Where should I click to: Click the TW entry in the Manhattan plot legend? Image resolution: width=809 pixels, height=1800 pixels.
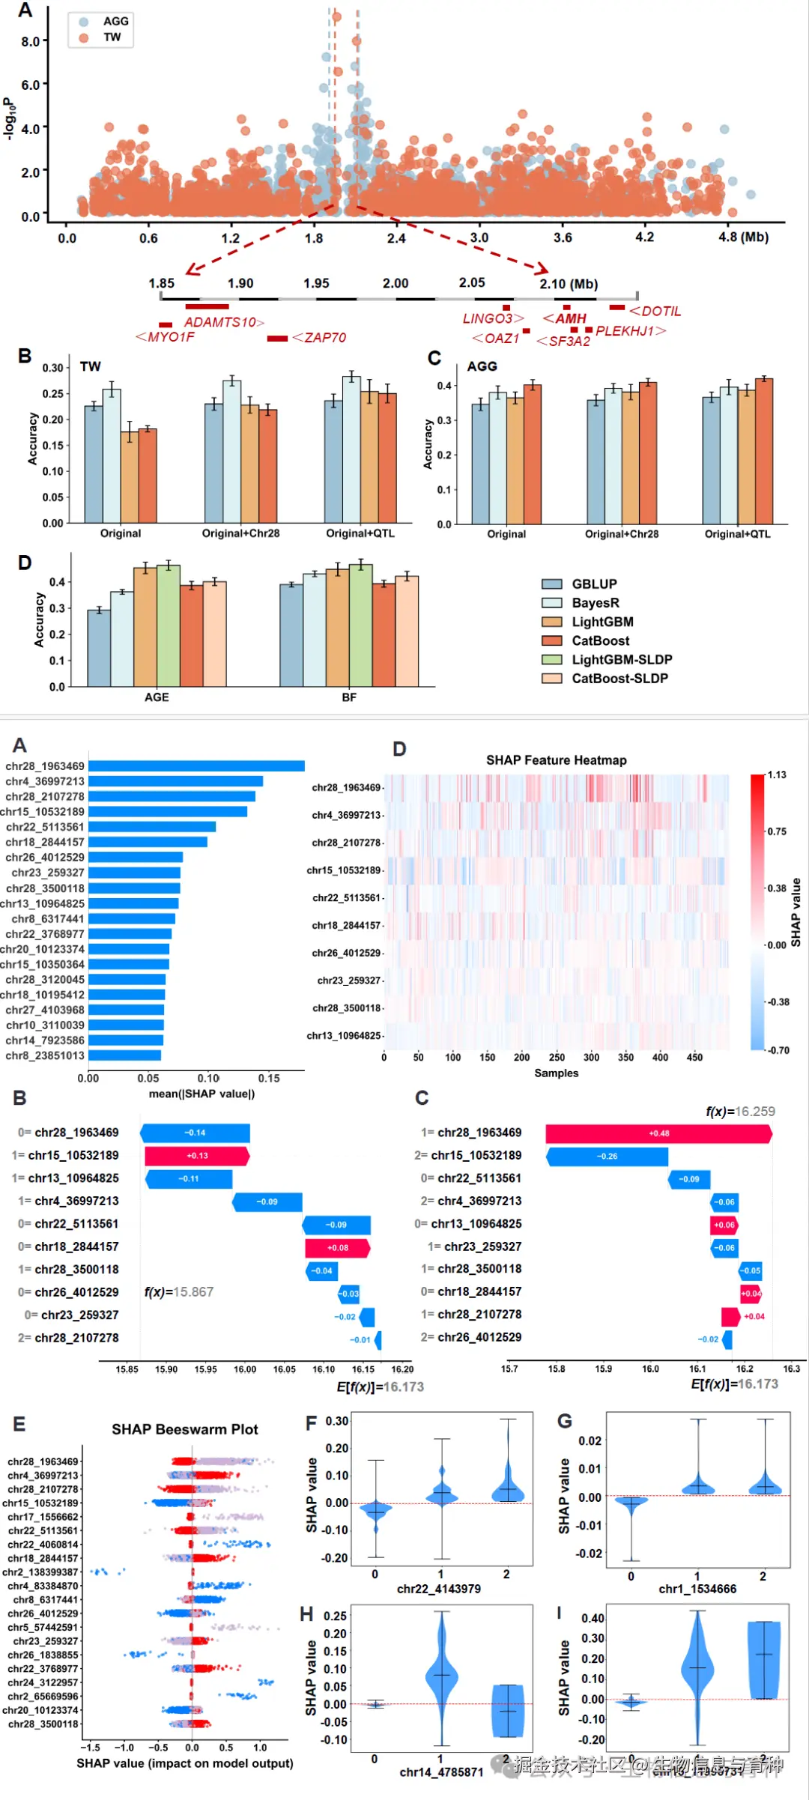pos(112,37)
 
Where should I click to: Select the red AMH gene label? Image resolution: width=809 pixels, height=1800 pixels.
pos(570,318)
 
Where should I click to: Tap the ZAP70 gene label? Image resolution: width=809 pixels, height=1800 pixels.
pos(324,338)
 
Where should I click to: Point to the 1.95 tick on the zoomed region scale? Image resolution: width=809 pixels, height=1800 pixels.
pos(316,284)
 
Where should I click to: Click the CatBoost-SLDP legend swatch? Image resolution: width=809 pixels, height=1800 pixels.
pos(552,679)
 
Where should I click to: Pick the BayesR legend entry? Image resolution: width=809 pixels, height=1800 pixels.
pos(595,603)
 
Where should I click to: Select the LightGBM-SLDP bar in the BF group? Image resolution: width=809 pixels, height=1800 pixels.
pos(361,625)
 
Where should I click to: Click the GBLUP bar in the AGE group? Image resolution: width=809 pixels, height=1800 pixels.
pos(99,648)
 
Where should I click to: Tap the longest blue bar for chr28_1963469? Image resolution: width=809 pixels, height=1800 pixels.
pos(196,766)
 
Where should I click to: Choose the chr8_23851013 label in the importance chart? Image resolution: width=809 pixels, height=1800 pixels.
pos(45,1056)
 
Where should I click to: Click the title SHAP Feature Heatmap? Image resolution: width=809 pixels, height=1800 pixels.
pos(556,760)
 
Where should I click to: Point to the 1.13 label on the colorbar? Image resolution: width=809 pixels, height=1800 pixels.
pos(777,775)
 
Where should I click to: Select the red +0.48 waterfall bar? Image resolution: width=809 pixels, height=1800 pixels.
pos(658,1134)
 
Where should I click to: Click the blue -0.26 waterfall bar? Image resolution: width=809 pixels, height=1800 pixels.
pos(607,1157)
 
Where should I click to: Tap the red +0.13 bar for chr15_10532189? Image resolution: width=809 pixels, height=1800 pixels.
pos(197,1156)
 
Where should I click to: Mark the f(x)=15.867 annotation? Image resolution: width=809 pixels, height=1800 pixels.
pos(179,1292)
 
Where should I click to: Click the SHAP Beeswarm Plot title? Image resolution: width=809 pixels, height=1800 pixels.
pos(184,1429)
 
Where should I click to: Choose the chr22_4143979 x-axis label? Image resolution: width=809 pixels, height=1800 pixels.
pos(439,1589)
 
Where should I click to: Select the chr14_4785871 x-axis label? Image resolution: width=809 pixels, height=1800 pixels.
pos(441,1772)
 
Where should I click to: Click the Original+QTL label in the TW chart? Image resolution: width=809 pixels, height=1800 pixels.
pos(360,533)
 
